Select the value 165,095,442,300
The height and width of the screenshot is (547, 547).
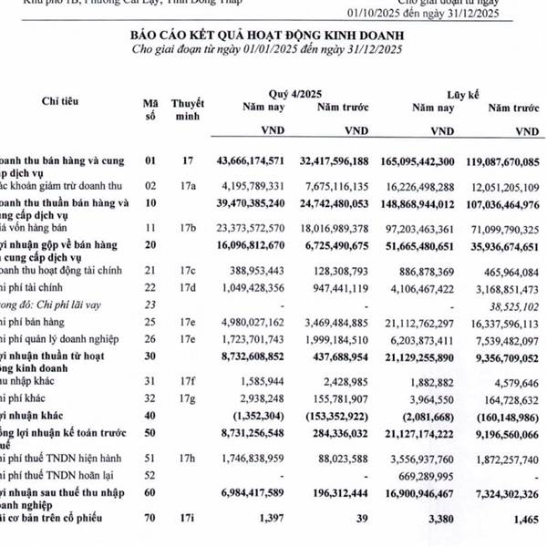pyautogui.click(x=407, y=160)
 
